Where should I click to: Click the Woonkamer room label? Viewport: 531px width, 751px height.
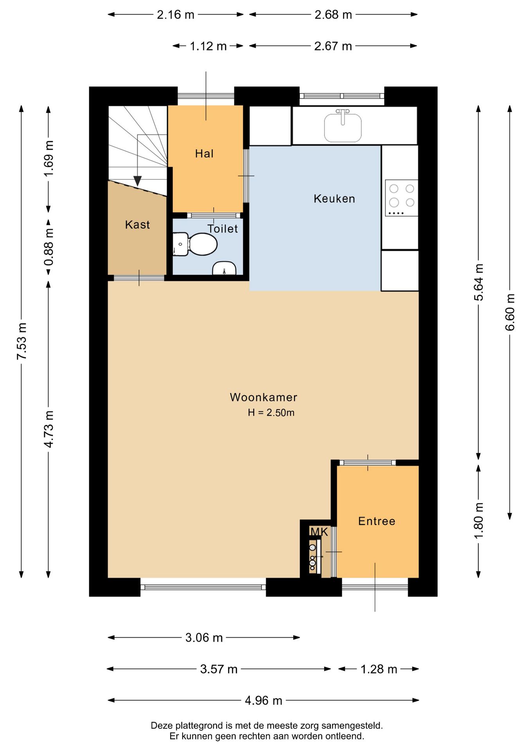[x=264, y=397]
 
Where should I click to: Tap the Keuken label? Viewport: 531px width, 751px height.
[x=334, y=199]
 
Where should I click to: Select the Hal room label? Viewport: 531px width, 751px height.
[x=205, y=154]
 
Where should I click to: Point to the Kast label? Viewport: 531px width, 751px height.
[x=138, y=225]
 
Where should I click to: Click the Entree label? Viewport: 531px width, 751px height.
[x=377, y=521]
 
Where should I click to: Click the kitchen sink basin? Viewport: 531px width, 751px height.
[x=343, y=127]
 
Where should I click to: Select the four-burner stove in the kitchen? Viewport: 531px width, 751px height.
[x=402, y=198]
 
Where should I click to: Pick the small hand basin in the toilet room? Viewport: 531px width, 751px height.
[x=224, y=268]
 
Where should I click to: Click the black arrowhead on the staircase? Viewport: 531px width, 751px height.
[x=137, y=181]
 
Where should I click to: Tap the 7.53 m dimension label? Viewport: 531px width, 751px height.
[x=22, y=341]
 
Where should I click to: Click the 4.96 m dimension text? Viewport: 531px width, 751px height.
[x=264, y=700]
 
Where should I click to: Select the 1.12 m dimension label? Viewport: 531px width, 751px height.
[x=208, y=46]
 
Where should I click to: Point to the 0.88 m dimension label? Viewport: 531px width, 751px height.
[x=48, y=247]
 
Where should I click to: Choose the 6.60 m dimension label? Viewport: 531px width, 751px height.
[x=510, y=312]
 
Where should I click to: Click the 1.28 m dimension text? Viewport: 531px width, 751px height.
[x=379, y=669]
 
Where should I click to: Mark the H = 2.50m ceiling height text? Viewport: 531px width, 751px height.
[x=271, y=413]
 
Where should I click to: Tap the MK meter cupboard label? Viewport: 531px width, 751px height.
[x=319, y=532]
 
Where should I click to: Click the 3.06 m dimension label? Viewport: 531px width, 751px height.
[x=204, y=638]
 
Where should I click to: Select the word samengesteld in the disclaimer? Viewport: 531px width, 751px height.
[x=352, y=726]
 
